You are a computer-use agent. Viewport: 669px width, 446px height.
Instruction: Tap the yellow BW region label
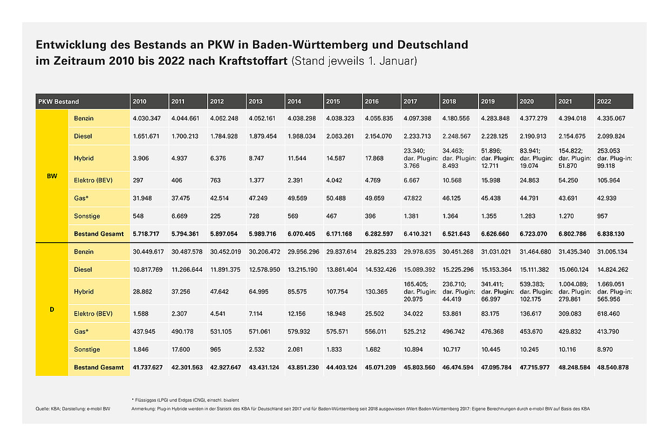tap(52, 176)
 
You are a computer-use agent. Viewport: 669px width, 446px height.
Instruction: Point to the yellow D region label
tap(52, 309)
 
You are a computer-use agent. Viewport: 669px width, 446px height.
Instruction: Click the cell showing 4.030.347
tap(147, 118)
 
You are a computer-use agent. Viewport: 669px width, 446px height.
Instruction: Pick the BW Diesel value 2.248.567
tap(456, 136)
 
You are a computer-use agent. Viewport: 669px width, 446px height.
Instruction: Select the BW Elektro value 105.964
tap(609, 180)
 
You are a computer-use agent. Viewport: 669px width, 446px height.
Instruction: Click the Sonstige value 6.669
tap(179, 216)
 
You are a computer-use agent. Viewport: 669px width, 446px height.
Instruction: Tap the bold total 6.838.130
tap(611, 234)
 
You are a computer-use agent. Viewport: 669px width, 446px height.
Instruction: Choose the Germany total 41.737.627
tap(147, 367)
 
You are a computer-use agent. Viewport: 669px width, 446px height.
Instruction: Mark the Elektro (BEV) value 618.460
tap(609, 313)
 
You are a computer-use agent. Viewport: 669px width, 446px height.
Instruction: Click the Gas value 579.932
tap(299, 331)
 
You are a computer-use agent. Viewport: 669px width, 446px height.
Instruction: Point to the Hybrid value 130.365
tap(376, 291)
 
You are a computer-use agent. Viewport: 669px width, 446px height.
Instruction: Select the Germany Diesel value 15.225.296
tap(458, 269)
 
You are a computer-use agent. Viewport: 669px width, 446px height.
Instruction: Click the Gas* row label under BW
tap(81, 198)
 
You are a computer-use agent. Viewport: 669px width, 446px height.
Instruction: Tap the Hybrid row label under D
tap(84, 291)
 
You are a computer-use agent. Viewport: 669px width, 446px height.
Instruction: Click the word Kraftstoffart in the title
tap(253, 60)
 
